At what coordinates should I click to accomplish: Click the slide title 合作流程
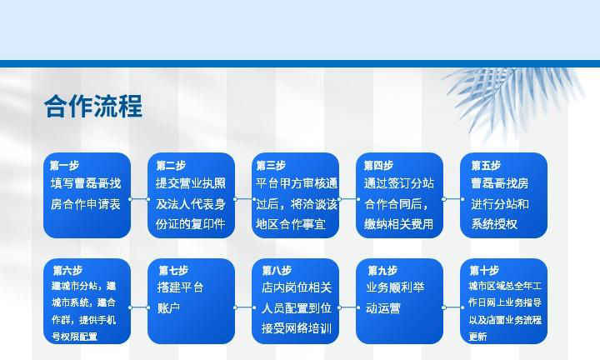click(x=93, y=106)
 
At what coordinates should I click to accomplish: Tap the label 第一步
click(x=64, y=166)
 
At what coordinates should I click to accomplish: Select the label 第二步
click(x=171, y=166)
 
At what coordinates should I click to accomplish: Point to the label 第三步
click(x=271, y=166)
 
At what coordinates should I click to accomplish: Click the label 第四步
click(x=378, y=166)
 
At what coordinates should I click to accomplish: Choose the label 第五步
click(x=486, y=166)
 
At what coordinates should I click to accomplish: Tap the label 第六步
click(x=67, y=271)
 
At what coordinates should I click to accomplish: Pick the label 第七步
click(x=173, y=271)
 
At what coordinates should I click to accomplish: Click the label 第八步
click(x=277, y=271)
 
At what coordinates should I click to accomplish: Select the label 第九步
click(x=382, y=271)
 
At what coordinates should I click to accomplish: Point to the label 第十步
click(x=484, y=271)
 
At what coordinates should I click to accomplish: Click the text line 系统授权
click(x=494, y=224)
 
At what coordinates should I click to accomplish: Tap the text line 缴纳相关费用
click(x=398, y=224)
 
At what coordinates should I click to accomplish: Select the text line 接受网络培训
click(x=297, y=328)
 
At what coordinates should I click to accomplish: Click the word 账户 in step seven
click(x=168, y=308)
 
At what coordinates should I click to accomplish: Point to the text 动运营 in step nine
click(x=383, y=308)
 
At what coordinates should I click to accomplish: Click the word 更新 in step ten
click(x=478, y=337)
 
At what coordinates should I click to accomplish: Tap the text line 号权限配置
click(x=75, y=337)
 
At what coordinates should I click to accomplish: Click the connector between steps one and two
click(x=139, y=199)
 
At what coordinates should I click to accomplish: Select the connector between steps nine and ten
click(x=453, y=307)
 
